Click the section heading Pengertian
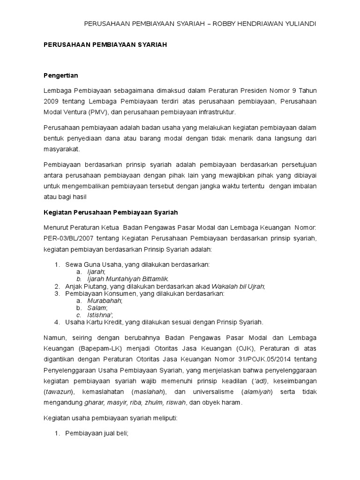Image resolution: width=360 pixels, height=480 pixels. pyautogui.click(x=60, y=75)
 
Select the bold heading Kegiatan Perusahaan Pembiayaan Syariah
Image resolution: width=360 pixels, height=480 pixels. pyautogui.click(x=111, y=212)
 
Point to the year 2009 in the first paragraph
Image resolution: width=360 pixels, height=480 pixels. pyautogui.click(x=52, y=102)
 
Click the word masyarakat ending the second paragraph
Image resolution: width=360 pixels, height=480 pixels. pyautogui.click(x=61, y=149)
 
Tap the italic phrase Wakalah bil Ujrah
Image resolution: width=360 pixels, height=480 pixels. pyautogui.click(x=238, y=286)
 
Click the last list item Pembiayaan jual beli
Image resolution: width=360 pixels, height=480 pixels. pyautogui.click(x=96, y=434)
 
